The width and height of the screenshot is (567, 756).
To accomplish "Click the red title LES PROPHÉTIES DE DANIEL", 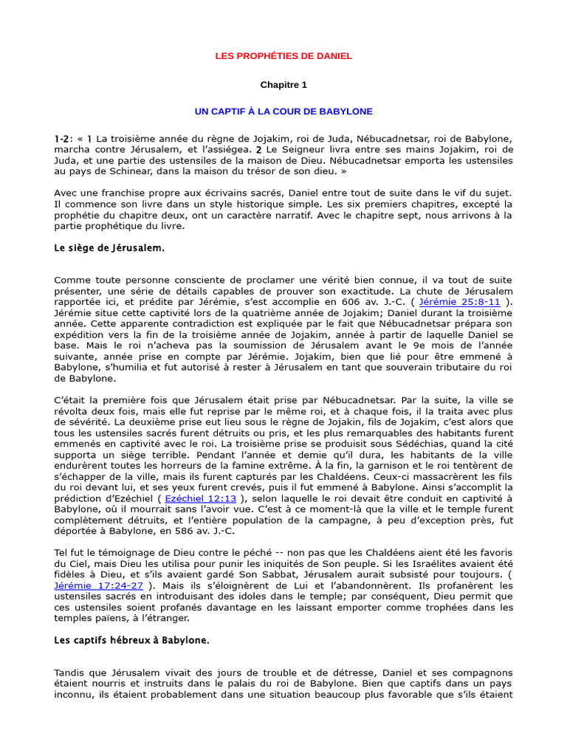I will tap(283, 56).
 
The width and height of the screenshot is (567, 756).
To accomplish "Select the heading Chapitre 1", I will tap(283, 85).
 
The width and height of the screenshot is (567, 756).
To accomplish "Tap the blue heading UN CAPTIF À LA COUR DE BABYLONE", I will tap(283, 111).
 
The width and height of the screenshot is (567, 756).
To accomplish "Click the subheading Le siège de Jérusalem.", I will tap(109, 248).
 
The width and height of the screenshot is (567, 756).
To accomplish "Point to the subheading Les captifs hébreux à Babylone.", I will tap(132, 641).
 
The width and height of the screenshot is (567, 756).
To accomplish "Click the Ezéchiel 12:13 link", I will tap(196, 499).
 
